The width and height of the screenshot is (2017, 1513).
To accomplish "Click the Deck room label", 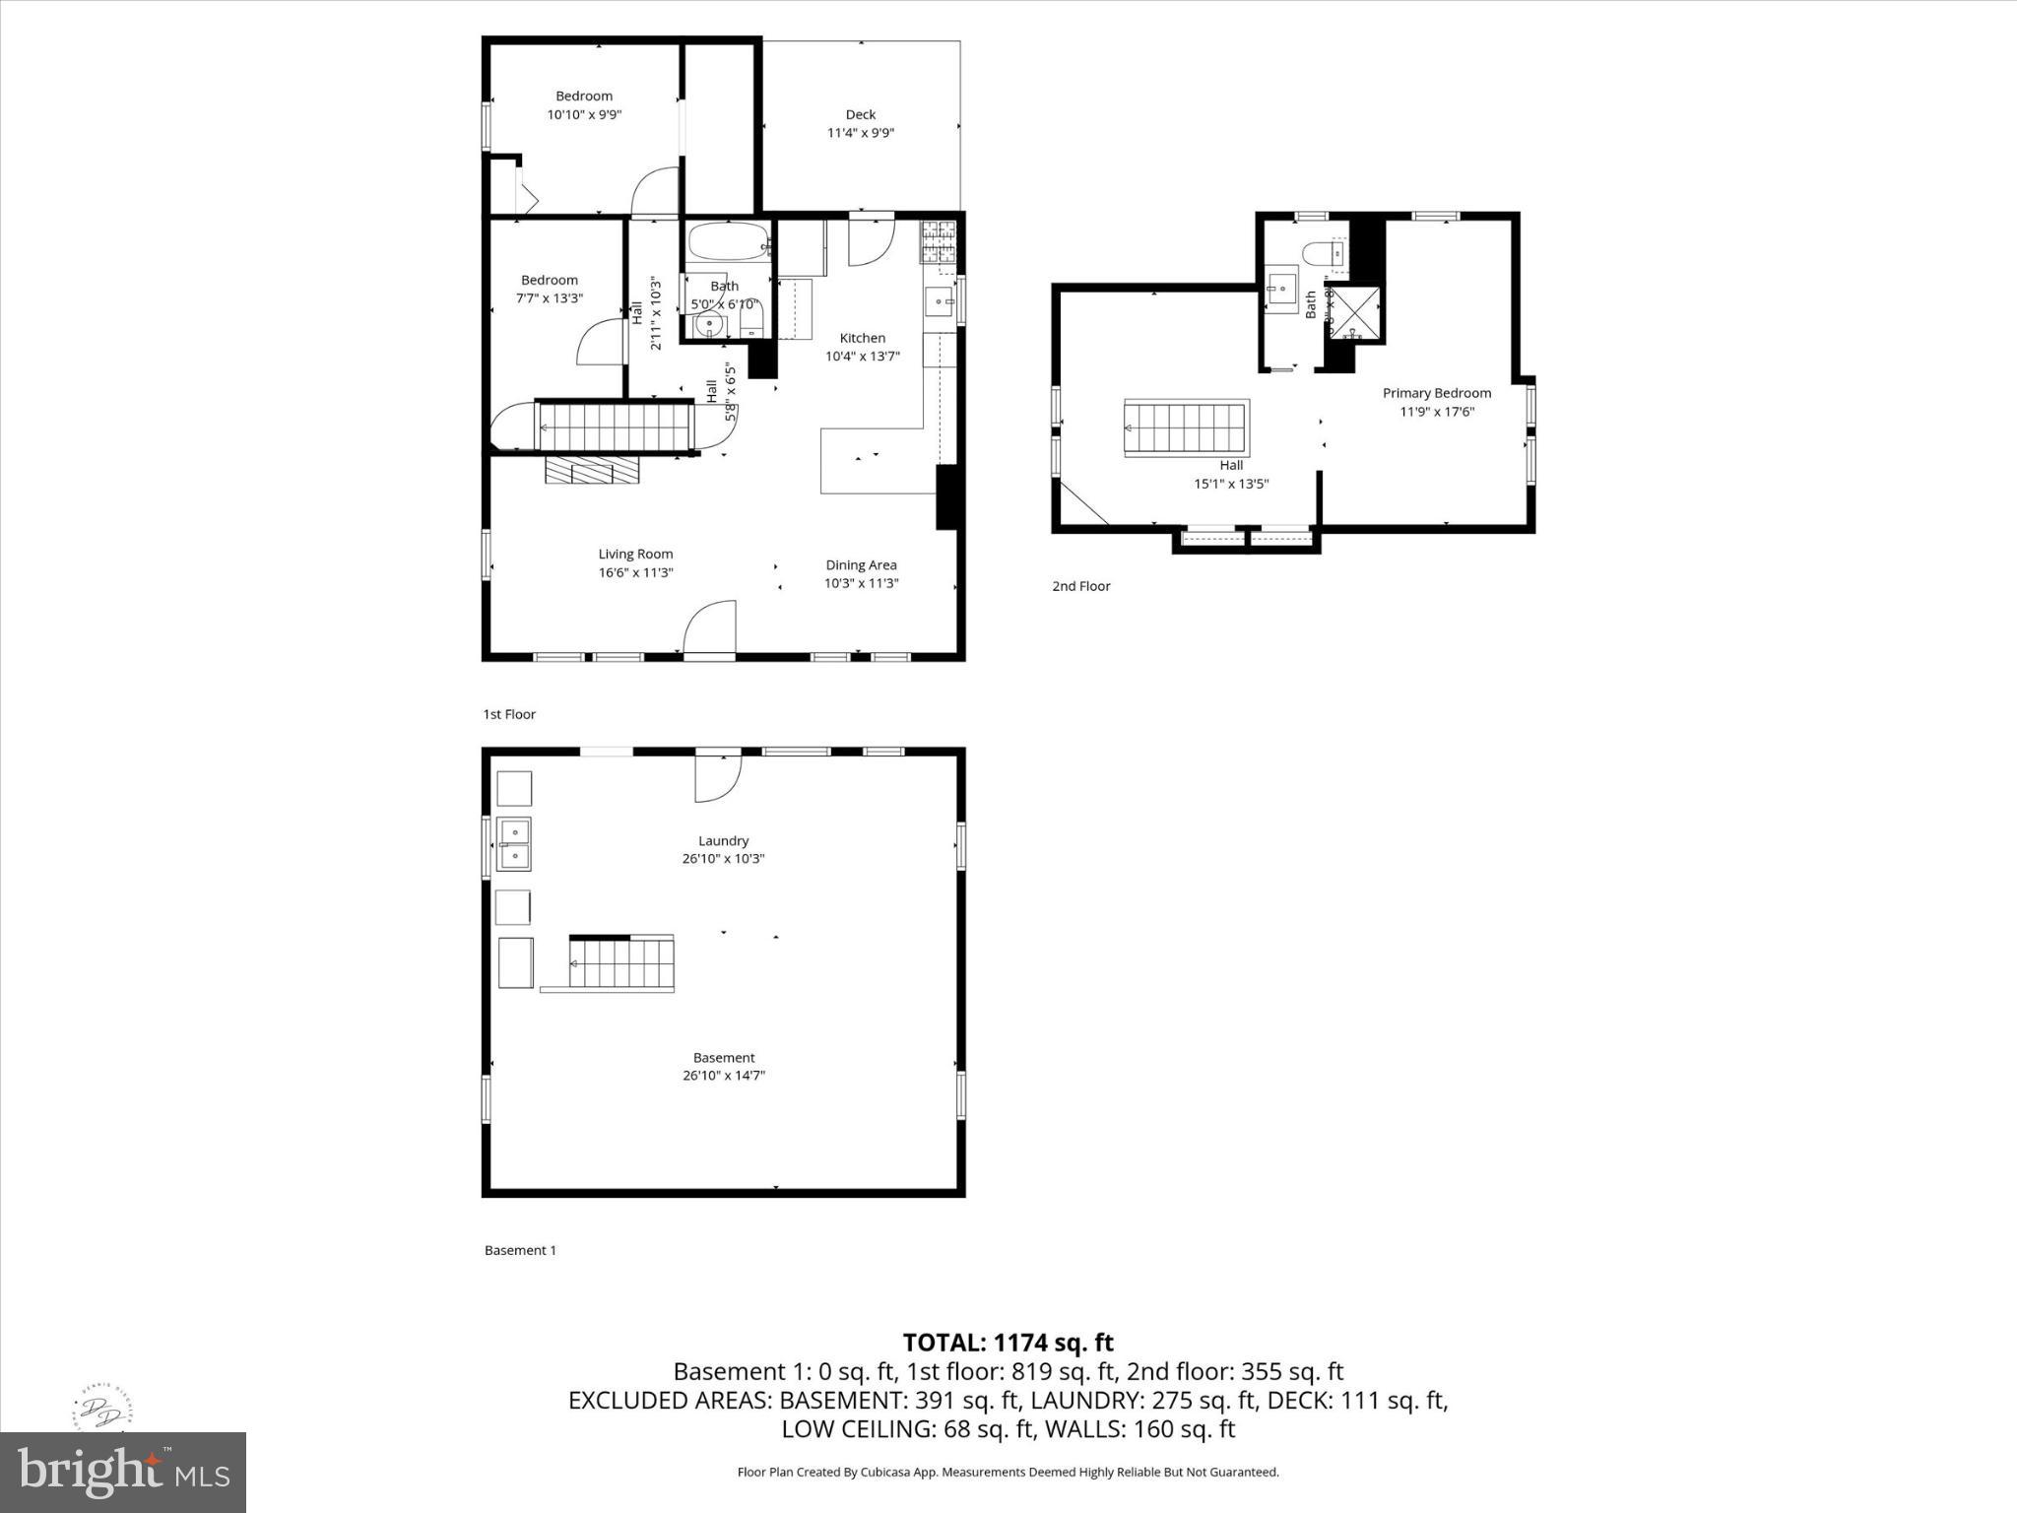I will (860, 114).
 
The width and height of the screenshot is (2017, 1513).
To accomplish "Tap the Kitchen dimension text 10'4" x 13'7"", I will (862, 357).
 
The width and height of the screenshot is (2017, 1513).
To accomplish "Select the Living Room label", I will (635, 554).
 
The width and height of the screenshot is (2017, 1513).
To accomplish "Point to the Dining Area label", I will (861, 564).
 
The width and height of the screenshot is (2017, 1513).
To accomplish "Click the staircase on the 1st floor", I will (614, 427).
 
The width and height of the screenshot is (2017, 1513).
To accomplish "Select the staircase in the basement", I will (620, 962).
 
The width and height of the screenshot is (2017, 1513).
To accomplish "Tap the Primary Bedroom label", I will (1436, 393).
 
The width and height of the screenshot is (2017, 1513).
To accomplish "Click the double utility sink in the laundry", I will (513, 844).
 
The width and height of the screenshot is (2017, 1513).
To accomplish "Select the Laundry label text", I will (723, 840).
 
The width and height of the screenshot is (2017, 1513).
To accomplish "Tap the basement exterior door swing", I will (718, 777).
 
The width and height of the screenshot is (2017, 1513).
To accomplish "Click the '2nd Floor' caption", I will (1080, 586).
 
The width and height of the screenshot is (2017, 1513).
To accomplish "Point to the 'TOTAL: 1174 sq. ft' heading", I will (1008, 1342).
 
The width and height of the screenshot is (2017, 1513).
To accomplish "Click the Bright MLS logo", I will (123, 1472).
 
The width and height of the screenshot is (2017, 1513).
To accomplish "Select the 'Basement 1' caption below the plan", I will (520, 1250).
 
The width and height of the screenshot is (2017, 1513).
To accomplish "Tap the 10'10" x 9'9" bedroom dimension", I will (584, 114).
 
